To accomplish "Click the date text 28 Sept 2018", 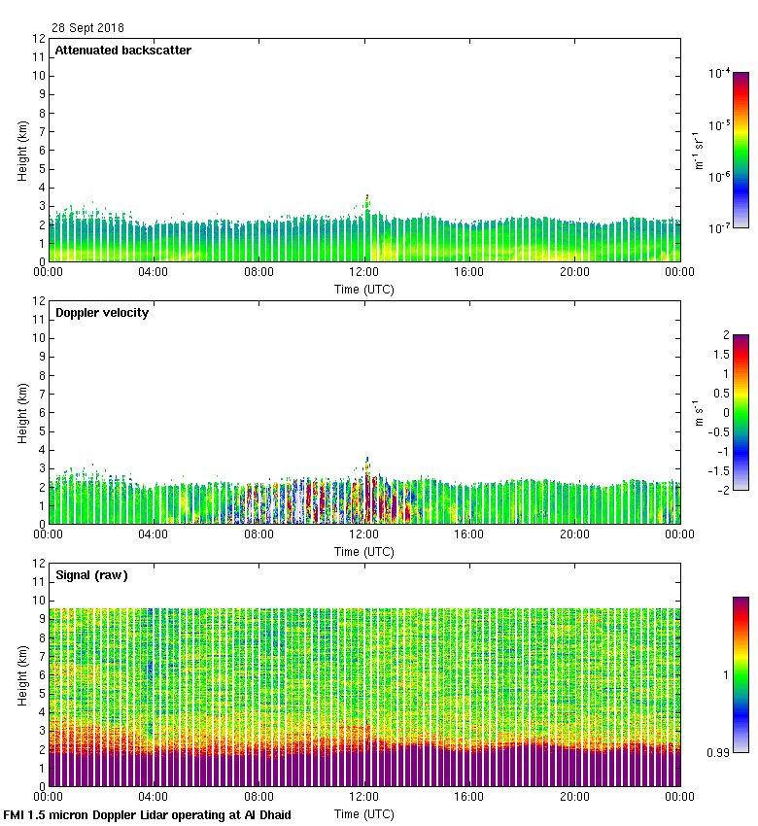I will tap(87, 28).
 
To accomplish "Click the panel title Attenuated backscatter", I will tap(122, 51).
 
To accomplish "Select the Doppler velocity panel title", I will tap(102, 313).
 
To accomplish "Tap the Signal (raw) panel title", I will tap(91, 575).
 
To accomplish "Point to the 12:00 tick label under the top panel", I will tap(364, 272).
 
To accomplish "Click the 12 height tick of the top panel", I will tap(39, 39).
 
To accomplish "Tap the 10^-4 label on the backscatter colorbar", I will tap(719, 73).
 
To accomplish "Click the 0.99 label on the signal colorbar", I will tap(719, 752).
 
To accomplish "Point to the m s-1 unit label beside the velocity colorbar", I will tap(697, 412).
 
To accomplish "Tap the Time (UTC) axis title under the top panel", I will tap(364, 289).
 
